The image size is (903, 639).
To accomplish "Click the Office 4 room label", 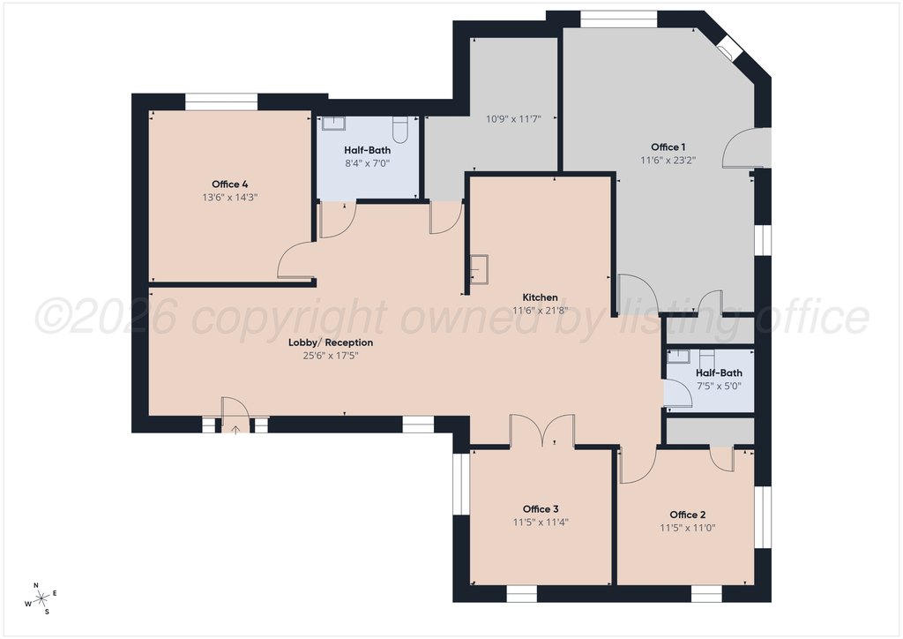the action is (x=230, y=184).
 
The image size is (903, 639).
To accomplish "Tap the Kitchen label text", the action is (x=540, y=297).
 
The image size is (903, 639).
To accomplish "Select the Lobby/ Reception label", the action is (x=331, y=342).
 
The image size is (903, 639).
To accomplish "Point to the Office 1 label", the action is (x=668, y=147).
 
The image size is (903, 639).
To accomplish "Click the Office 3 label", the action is (x=541, y=508).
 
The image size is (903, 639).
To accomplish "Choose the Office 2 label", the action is (x=688, y=515).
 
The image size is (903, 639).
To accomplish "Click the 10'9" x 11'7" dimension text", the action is (x=513, y=119).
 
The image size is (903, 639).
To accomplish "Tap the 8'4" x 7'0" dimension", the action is (x=368, y=163).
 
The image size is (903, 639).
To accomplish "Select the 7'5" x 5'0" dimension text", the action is (x=719, y=386).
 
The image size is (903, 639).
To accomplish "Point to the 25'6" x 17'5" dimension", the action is (x=331, y=356).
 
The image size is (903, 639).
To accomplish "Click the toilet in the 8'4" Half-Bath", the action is (x=399, y=130).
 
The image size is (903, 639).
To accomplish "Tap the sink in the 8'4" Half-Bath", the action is (x=332, y=124).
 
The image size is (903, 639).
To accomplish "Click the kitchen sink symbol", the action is (x=478, y=270).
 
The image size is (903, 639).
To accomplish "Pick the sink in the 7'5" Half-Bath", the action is (x=678, y=356).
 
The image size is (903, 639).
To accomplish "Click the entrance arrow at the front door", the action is (x=235, y=429).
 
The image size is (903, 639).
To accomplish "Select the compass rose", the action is (x=41, y=598).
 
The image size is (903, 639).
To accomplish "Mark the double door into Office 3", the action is (x=541, y=430).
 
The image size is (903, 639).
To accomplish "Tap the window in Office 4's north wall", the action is (x=221, y=101).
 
